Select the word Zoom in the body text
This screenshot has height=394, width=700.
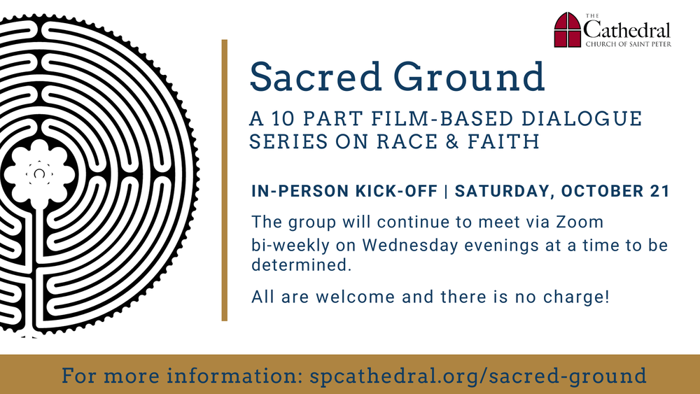(579, 223)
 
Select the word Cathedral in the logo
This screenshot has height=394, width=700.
(627, 30)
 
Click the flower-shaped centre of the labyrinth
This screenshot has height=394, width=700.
(41, 170)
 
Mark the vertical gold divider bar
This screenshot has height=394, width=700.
(225, 180)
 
